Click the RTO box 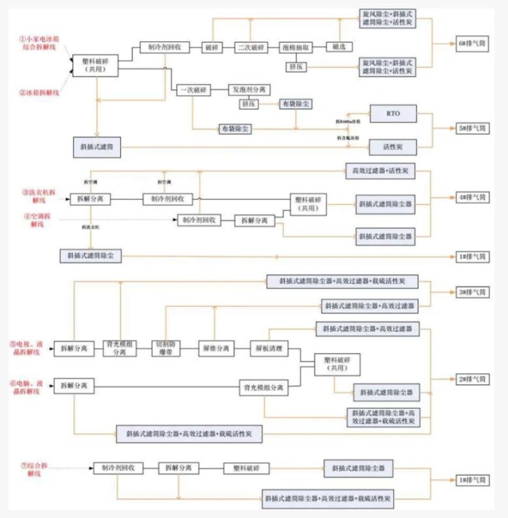tap(392, 113)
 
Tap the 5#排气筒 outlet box tap(472, 129)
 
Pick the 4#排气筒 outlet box tap(472, 197)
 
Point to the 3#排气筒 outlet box tap(472, 293)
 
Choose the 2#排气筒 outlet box tap(472, 378)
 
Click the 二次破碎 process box tap(250, 48)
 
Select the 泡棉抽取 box tap(296, 48)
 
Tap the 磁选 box tap(340, 48)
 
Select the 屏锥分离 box tap(215, 349)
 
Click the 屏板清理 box tap(268, 349)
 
